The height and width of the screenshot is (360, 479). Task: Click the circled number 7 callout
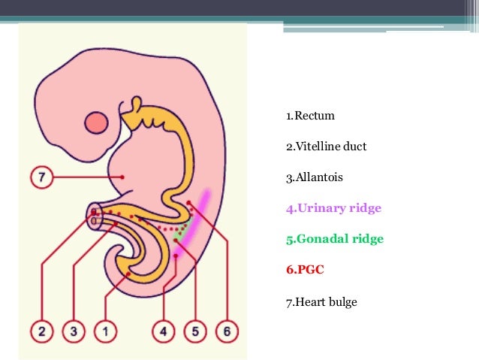pyautogui.click(x=41, y=177)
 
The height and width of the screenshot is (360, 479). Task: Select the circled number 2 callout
pyautogui.click(x=42, y=330)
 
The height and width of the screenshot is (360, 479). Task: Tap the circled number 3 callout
pyautogui.click(x=74, y=330)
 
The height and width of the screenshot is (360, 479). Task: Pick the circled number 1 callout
pyautogui.click(x=106, y=330)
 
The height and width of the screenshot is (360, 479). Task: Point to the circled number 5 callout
pyautogui.click(x=194, y=330)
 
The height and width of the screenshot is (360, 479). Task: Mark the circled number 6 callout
pyautogui.click(x=225, y=330)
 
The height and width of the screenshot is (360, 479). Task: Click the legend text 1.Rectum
pyautogui.click(x=310, y=116)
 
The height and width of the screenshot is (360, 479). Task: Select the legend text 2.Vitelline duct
pyautogui.click(x=326, y=147)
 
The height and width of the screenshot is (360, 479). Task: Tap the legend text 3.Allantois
pyautogui.click(x=315, y=178)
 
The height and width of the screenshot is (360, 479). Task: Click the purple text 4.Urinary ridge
pyautogui.click(x=333, y=208)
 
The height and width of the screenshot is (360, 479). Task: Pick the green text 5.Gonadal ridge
pyautogui.click(x=334, y=239)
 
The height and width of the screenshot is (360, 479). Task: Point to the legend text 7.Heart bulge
pyautogui.click(x=321, y=302)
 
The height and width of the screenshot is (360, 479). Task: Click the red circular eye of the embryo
pyautogui.click(x=96, y=123)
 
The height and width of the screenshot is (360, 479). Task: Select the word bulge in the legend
pyautogui.click(x=342, y=302)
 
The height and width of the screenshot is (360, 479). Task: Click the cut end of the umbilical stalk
pyautogui.click(x=95, y=216)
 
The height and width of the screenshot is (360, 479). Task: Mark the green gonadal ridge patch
pyautogui.click(x=178, y=234)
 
